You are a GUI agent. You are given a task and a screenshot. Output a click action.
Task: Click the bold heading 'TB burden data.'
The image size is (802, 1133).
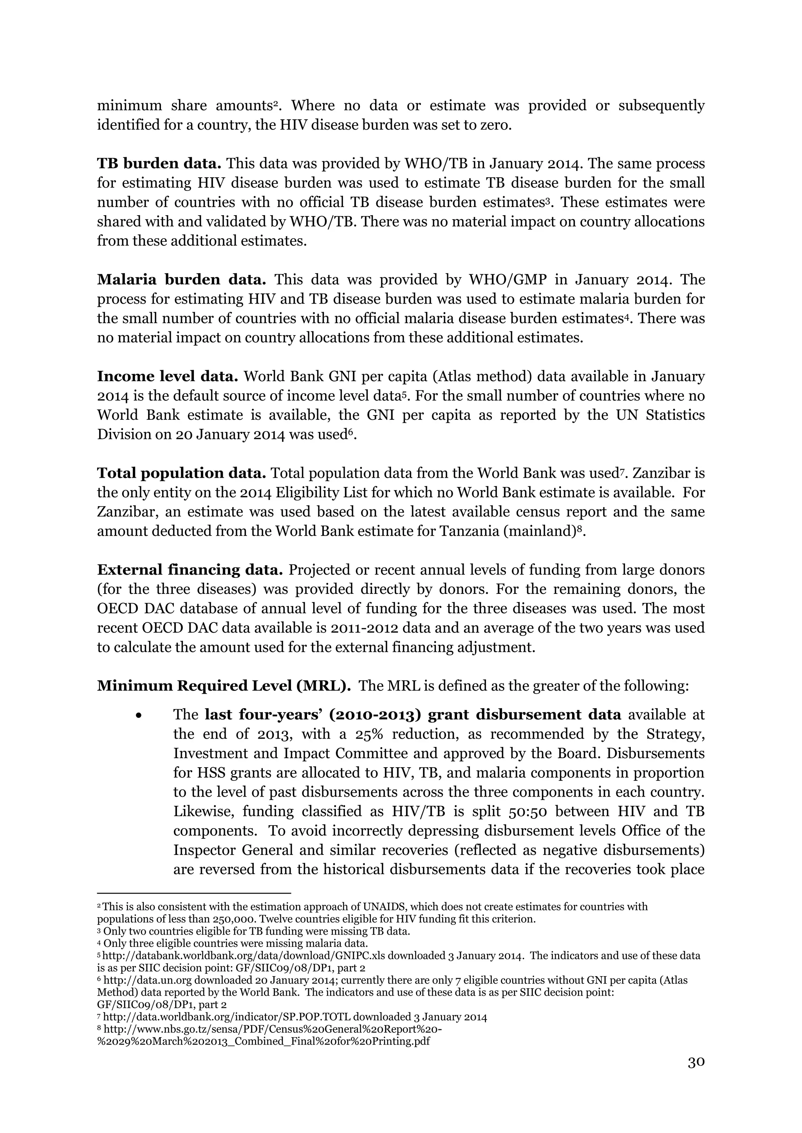pyautogui.click(x=159, y=163)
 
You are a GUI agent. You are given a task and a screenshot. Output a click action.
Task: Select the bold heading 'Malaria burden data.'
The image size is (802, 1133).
pyautogui.click(x=181, y=280)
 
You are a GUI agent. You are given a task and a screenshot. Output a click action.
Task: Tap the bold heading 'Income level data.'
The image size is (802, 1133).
pyautogui.click(x=168, y=376)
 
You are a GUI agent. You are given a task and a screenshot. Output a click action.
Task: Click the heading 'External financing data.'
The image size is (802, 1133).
pyautogui.click(x=190, y=570)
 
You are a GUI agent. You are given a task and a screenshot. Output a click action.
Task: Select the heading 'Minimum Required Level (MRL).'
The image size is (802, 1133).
pyautogui.click(x=224, y=686)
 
